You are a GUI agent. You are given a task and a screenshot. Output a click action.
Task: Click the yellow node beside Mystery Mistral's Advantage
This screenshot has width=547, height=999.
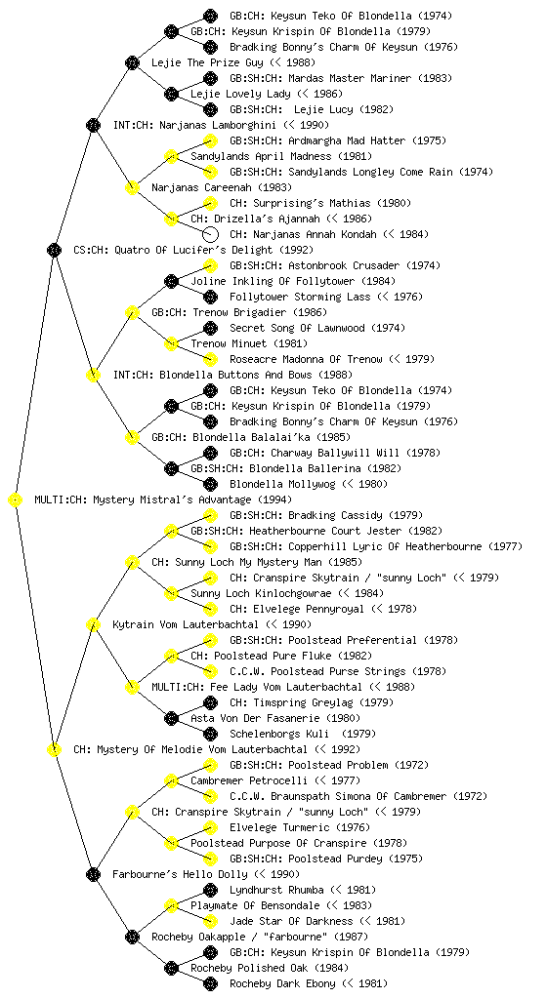(x=16, y=500)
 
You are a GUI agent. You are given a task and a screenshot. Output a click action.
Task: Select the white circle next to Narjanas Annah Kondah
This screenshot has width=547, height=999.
(x=210, y=234)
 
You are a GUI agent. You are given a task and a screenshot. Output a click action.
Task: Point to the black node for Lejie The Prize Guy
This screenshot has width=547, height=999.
(x=132, y=62)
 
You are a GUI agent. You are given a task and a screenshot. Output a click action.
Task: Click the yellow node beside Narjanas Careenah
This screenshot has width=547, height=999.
(x=132, y=187)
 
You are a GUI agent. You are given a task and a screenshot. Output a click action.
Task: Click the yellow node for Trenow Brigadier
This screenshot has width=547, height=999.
(x=132, y=312)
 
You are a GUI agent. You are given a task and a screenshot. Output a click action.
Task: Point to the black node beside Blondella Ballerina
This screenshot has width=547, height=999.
(x=171, y=468)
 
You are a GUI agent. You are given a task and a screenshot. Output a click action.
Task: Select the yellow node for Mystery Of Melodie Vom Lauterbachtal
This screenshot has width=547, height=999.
(x=54, y=749)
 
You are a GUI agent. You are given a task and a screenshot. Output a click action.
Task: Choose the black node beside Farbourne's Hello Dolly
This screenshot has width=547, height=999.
(x=93, y=874)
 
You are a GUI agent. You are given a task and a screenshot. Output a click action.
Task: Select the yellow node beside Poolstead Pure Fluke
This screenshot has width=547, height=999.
(x=171, y=656)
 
